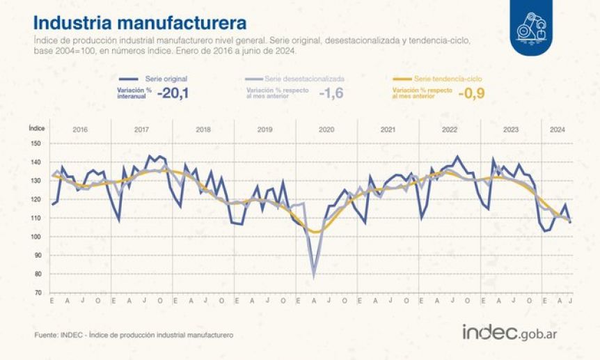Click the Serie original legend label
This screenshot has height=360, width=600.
pyautogui.click(x=166, y=79)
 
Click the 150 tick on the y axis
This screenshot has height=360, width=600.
pyautogui.click(x=35, y=143)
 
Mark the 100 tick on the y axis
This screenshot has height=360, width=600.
pyautogui.click(x=35, y=237)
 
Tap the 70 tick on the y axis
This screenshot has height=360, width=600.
pyautogui.click(x=37, y=292)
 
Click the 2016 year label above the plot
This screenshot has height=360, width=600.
pyautogui.click(x=80, y=130)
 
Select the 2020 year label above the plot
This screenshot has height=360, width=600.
pyautogui.click(x=326, y=130)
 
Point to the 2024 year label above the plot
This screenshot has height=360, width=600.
pyautogui.click(x=557, y=130)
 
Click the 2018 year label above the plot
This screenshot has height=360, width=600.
pyautogui.click(x=204, y=130)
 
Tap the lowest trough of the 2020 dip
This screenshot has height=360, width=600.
pyautogui.click(x=314, y=276)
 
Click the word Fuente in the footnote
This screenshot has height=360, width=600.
pyautogui.click(x=46, y=335)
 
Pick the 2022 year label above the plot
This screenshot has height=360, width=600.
pyautogui.click(x=450, y=130)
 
